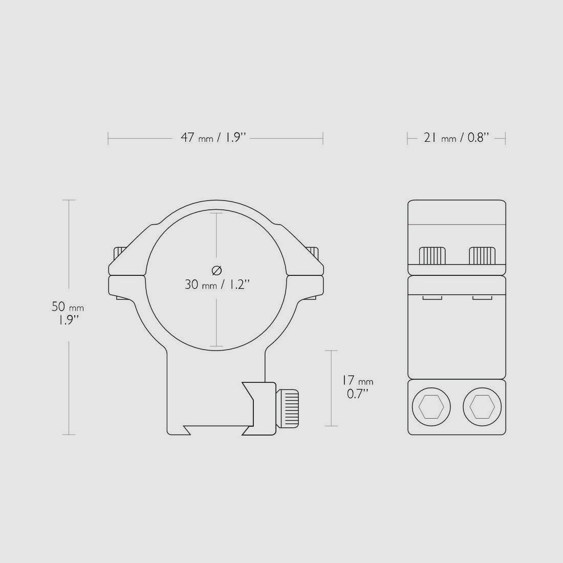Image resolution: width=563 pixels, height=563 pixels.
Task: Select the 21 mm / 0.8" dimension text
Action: pos(456,138)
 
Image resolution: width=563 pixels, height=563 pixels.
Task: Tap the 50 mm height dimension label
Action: pos(67,307)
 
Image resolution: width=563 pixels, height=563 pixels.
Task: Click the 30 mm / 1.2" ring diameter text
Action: pos(216,285)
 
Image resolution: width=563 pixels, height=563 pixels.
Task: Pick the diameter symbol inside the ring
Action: pos(216,270)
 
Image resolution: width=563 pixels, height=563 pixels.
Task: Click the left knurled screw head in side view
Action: pos(432,255)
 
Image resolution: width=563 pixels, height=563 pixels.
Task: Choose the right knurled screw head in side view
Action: pos(482,255)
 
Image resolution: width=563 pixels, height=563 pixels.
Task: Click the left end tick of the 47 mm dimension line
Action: pos(108,138)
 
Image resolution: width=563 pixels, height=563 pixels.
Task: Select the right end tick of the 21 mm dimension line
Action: pos(505,138)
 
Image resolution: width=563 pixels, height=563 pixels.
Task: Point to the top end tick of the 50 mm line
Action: pos(69,200)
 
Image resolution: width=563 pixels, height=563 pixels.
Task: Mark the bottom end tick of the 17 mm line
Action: pos(331,426)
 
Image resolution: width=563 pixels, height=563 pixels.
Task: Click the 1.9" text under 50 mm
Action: pos(68,320)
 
